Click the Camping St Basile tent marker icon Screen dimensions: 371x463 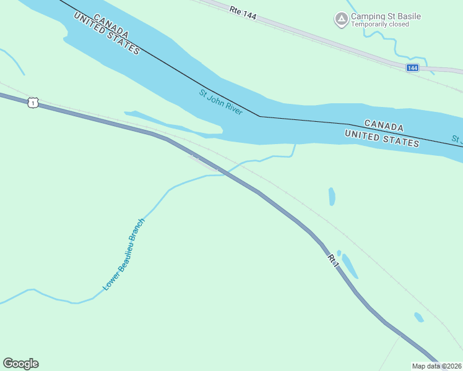pyautogui.click(x=341, y=20)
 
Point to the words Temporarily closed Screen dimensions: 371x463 pyautogui.click(x=380, y=25)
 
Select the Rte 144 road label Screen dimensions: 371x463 pyautogui.click(x=242, y=12)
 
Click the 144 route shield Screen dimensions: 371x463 pyautogui.click(x=412, y=67)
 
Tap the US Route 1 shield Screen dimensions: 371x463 pyautogui.click(x=33, y=102)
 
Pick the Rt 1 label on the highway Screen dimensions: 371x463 pyautogui.click(x=334, y=260)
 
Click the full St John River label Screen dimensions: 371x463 pyautogui.click(x=220, y=103)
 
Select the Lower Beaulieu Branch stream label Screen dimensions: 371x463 pyautogui.click(x=124, y=254)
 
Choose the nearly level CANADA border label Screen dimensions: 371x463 pyautogui.click(x=384, y=126)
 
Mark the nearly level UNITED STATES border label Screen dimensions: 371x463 pyautogui.click(x=381, y=137)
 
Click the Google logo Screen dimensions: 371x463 pyautogui.click(x=20, y=364)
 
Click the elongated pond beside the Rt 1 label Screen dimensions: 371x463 pyautogui.click(x=350, y=266)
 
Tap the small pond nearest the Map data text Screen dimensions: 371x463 pyautogui.click(x=419, y=317)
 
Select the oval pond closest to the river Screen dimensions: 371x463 pyautogui.click(x=332, y=197)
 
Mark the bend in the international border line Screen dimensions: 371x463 pyautogui.click(x=259, y=116)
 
